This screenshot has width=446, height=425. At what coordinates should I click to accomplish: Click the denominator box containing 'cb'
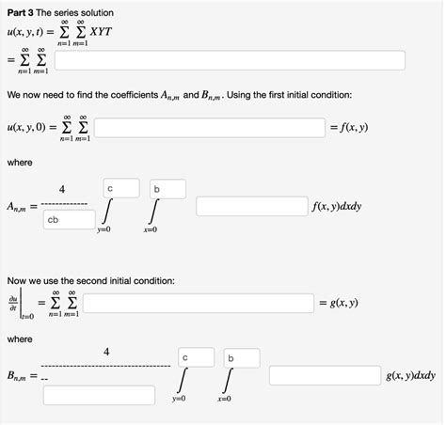(69, 220)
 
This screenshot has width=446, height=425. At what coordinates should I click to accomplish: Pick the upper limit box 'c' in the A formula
(121, 188)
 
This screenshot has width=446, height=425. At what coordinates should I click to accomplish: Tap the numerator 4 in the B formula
(106, 352)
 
